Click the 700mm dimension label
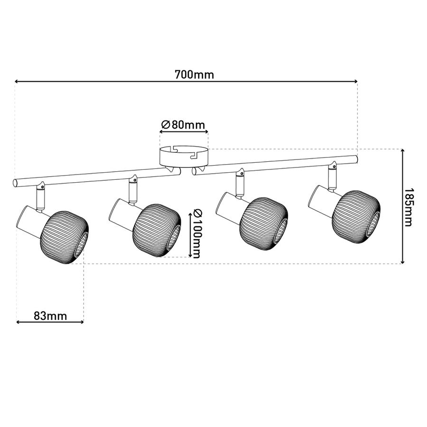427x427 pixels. pos(194,74)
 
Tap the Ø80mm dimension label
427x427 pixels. pos(183,125)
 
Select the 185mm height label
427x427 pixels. pos(408,207)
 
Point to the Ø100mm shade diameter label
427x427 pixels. pos(196,233)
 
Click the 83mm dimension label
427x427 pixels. pos(50,316)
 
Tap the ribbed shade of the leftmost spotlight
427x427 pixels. pos(65,237)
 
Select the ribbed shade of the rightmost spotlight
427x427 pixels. pos(356,216)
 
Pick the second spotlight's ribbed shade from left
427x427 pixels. pos(157,230)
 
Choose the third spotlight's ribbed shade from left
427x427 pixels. pos(264,224)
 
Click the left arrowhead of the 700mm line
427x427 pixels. pos(16,81)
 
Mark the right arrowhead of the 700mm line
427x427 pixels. pos(356,81)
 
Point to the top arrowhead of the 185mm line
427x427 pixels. pos(403,151)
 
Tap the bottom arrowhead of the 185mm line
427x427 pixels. pos(403,262)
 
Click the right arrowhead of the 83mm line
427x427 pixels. pos(82,322)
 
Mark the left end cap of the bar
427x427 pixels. pos(15,183)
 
